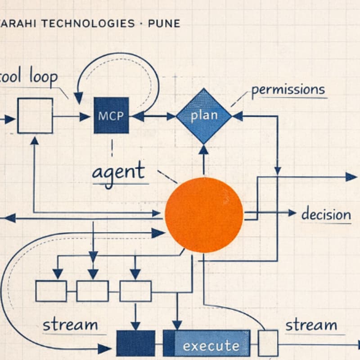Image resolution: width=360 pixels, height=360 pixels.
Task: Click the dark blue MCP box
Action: (x=111, y=116)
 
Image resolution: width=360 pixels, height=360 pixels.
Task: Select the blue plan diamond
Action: (x=203, y=116)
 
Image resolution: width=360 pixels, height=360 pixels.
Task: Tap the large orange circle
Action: (x=204, y=214)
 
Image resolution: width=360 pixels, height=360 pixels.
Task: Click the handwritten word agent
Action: (x=119, y=172)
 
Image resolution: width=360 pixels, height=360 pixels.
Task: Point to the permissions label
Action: (x=288, y=90)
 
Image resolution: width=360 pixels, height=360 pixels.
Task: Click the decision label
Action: (x=326, y=214)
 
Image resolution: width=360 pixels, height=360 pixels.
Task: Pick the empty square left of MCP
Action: (x=35, y=116)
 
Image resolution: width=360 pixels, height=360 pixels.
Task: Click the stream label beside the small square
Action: (x=311, y=325)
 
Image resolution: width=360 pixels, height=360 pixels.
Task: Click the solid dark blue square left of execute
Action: (x=135, y=343)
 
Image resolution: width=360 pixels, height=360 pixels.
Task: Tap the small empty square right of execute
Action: (x=268, y=343)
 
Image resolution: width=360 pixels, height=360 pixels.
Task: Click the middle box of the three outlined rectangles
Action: (x=92, y=291)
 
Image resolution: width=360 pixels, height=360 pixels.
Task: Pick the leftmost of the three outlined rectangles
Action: (x=51, y=291)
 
